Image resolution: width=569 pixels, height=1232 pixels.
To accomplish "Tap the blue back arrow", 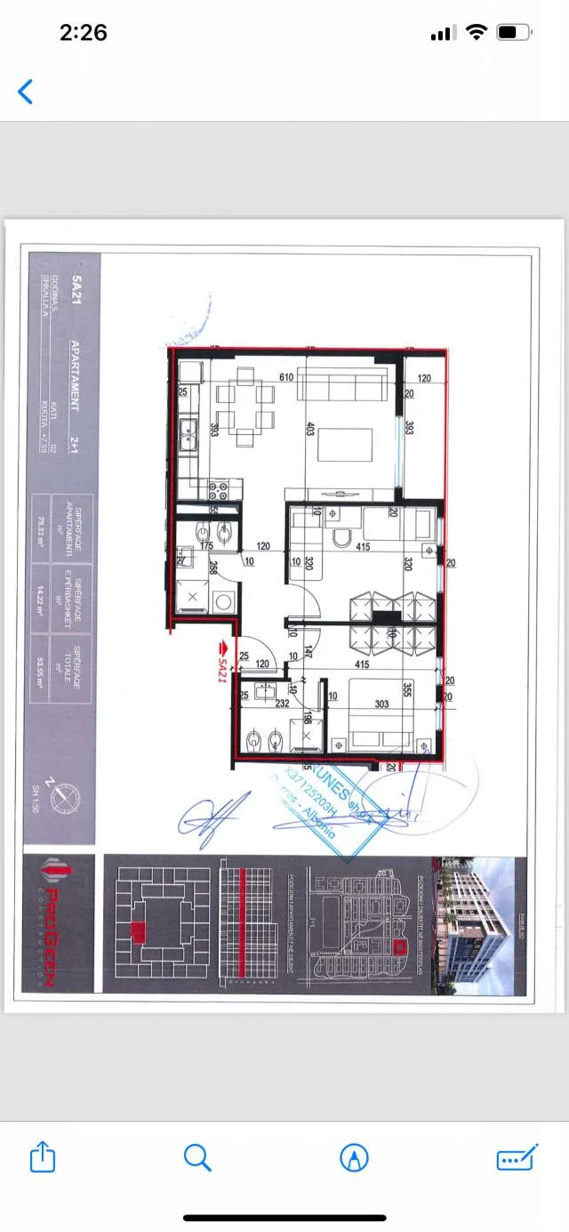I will (26, 91).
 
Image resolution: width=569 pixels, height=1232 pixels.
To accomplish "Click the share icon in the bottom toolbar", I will (43, 1157).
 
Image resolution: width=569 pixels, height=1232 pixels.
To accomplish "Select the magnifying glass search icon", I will (196, 1157).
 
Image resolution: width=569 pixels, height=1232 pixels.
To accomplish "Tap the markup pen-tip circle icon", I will (354, 1157).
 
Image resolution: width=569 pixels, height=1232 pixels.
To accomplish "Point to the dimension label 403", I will (310, 428).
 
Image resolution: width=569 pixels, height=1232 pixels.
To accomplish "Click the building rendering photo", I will (479, 925).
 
